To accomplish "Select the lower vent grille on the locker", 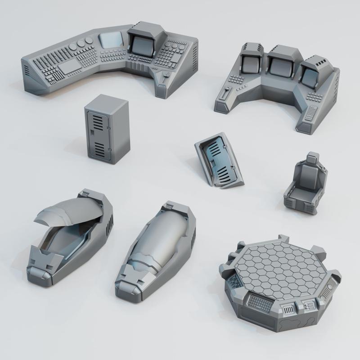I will pyautogui.click(x=100, y=147).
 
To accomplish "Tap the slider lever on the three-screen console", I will pyautogui.click(x=225, y=95).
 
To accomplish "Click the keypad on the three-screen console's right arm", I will pyautogui.click(x=310, y=113).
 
